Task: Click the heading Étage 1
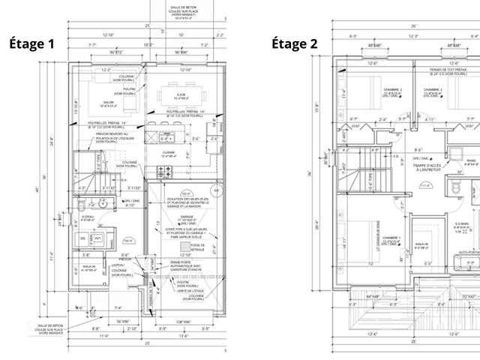point(31,43)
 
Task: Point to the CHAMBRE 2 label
point(391,90)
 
